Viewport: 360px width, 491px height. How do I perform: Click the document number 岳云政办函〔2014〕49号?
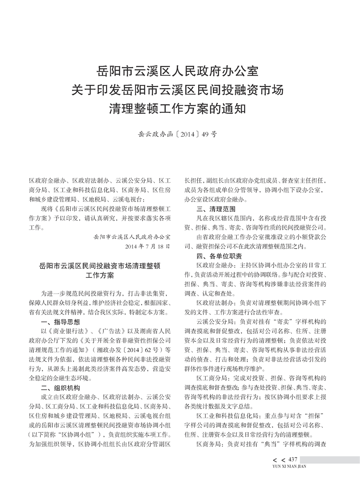(x=179, y=133)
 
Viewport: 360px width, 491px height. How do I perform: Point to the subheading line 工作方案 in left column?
(x=100, y=276)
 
